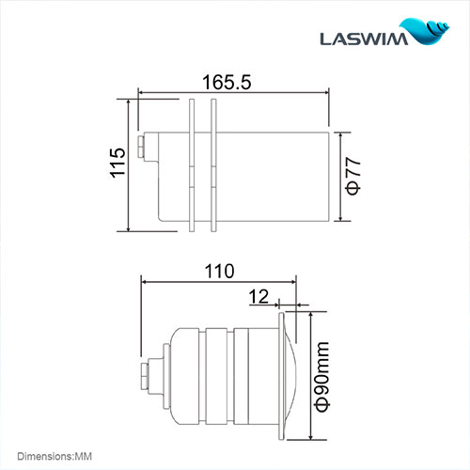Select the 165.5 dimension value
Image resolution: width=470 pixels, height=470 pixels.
tap(227, 82)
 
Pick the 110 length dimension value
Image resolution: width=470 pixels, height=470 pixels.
tap(218, 271)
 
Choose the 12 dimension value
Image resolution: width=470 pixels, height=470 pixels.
tap(258, 296)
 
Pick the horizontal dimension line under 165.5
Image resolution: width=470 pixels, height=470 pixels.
tap(233, 92)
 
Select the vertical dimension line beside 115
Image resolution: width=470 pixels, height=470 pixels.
tap(127, 164)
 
